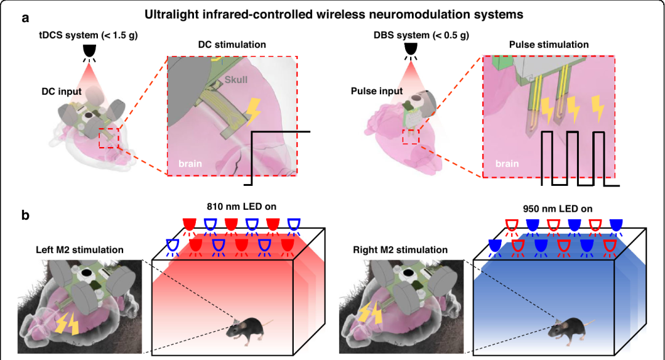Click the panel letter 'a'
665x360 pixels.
coord(25,18)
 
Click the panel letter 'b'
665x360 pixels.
coord(25,215)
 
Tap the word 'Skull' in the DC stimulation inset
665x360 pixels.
coord(236,80)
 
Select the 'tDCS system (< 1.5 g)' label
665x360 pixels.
coord(89,35)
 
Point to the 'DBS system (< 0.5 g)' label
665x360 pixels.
coord(421,35)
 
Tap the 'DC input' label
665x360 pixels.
coord(62,92)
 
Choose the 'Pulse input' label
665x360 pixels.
coord(377,91)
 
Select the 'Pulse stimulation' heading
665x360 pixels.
coord(549,44)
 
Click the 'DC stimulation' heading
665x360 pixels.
coord(232,44)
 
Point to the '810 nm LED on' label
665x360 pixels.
coord(241,207)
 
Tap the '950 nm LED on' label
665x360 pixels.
coord(557,209)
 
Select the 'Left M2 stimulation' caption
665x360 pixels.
coord(79,250)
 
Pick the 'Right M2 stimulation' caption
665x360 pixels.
coord(400,250)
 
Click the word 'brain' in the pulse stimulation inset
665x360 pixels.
coord(507,164)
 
